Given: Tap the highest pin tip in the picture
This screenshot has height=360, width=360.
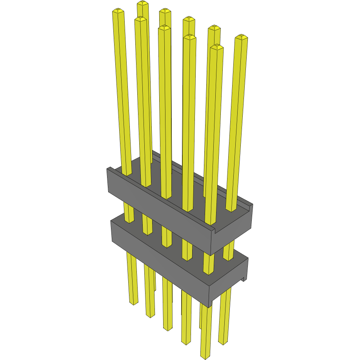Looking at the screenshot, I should (143, 4).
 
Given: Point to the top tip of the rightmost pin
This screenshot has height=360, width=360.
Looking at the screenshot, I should (241, 37).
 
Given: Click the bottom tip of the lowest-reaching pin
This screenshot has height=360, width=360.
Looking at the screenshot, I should (205, 356).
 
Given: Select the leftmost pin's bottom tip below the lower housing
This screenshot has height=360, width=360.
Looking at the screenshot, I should (134, 302).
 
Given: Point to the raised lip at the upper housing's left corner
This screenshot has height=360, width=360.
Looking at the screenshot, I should (110, 169).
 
